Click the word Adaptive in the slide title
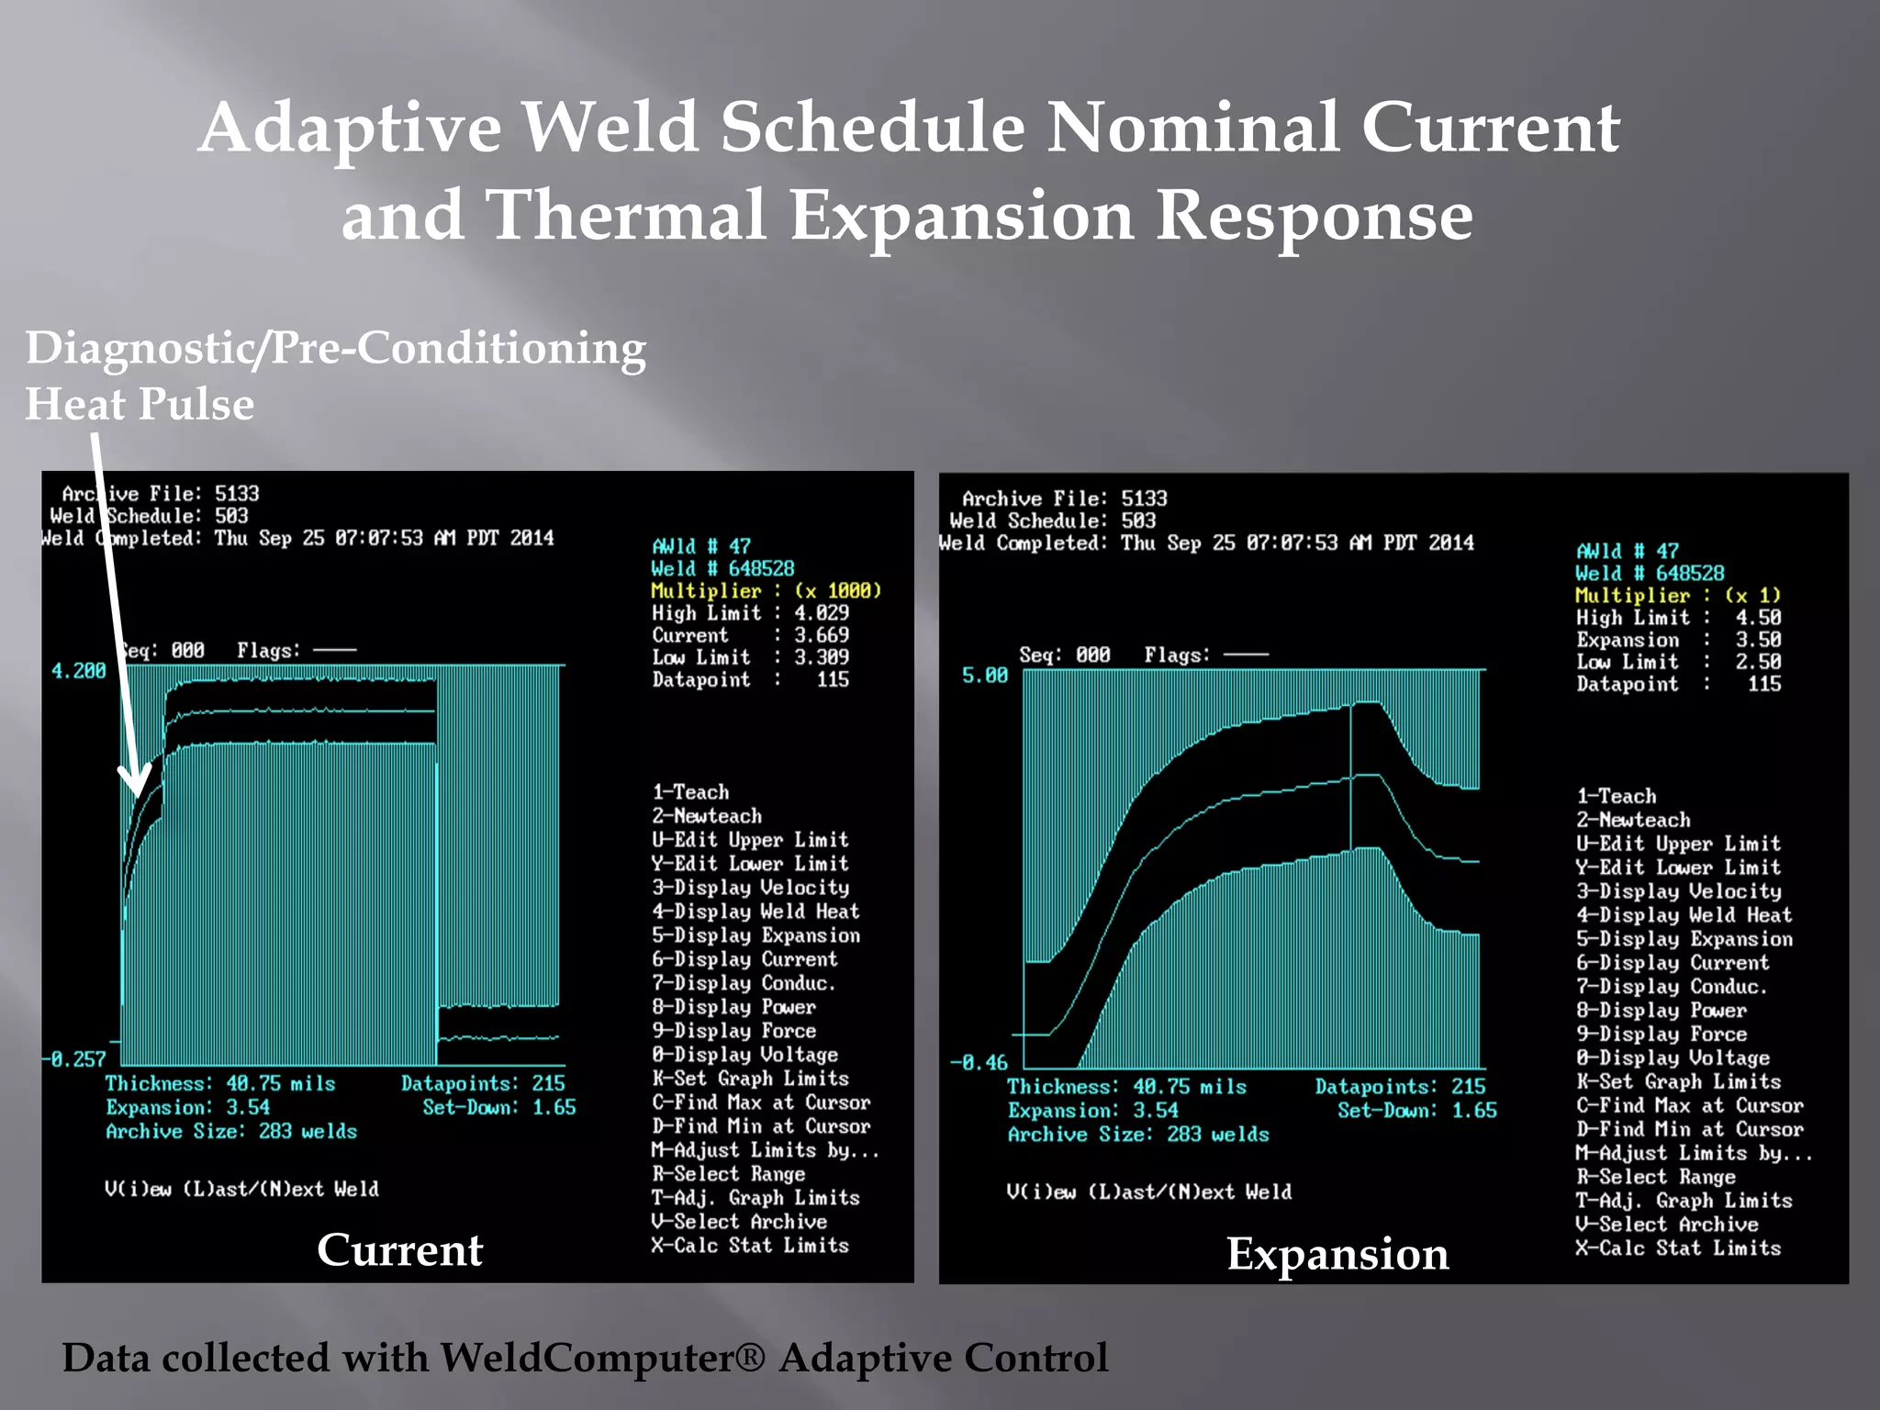(350, 129)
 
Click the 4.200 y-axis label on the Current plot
(78, 671)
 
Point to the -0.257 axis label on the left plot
(74, 1059)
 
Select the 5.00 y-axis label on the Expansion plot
(984, 676)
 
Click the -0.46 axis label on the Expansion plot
(979, 1063)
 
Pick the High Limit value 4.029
(822, 612)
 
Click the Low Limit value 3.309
(822, 657)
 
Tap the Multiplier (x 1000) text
(766, 590)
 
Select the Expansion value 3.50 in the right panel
(1757, 640)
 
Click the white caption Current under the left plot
(399, 1249)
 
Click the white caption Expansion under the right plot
(1337, 1254)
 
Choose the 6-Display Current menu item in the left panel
(744, 959)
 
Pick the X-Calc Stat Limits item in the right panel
(1678, 1248)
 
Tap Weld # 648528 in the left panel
(722, 568)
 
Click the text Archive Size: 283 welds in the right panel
(1138, 1135)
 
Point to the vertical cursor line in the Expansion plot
(1350, 780)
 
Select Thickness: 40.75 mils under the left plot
(220, 1084)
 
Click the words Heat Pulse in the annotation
(140, 404)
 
